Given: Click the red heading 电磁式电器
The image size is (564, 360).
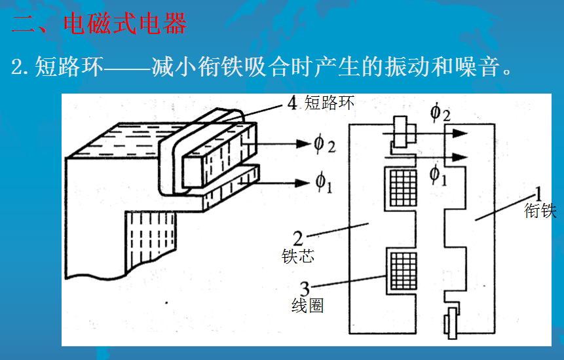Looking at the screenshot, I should coord(125,24).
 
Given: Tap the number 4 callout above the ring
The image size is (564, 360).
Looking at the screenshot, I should coord(292,103).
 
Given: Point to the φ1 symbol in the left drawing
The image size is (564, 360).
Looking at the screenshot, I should coord(324,183).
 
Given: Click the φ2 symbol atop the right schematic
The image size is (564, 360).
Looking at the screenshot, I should coord(440,112).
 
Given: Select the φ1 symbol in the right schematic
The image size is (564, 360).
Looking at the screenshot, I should coord(438,174).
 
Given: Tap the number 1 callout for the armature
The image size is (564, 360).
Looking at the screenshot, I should coord(538,194).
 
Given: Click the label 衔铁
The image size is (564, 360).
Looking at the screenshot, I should coord(540,211).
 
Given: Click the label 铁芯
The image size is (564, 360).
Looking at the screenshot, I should coord(298,256).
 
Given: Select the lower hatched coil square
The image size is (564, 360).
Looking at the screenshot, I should coord(401,270).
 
